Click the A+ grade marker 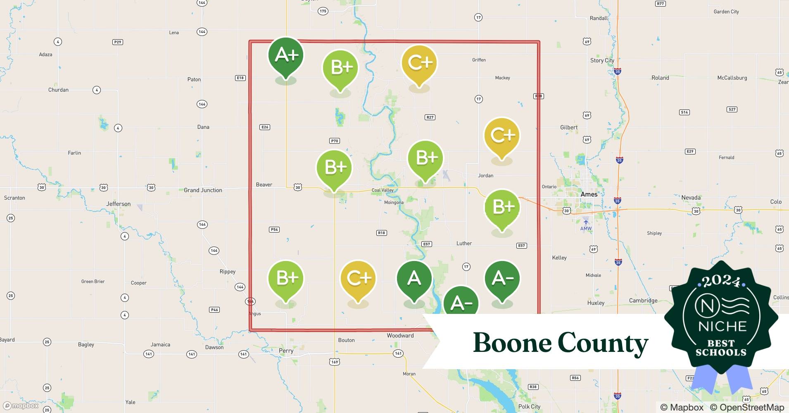pyautogui.click(x=286, y=55)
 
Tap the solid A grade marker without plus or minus pyautogui.click(x=414, y=279)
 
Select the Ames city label pyautogui.click(x=589, y=194)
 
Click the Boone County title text pyautogui.click(x=561, y=343)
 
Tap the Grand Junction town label pyautogui.click(x=203, y=190)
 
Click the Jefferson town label pyautogui.click(x=118, y=204)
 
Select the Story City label pyautogui.click(x=602, y=60)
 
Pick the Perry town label pyautogui.click(x=286, y=351)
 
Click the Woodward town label pyautogui.click(x=400, y=335)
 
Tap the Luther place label pyautogui.click(x=464, y=243)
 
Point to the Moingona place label pyautogui.click(x=394, y=202)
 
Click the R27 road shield pyautogui.click(x=430, y=117)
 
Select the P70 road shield pyautogui.click(x=335, y=141)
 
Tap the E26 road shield pyautogui.click(x=265, y=127)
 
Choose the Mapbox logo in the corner pyautogui.click(x=21, y=406)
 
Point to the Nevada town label pyautogui.click(x=691, y=197)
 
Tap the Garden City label pyautogui.click(x=726, y=12)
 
